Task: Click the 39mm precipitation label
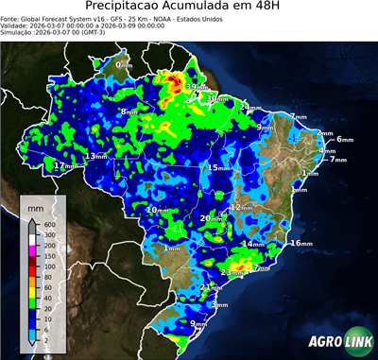pos(195,88)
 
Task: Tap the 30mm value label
pos(218,98)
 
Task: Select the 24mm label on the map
pos(249,108)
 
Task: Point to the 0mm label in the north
pos(124,65)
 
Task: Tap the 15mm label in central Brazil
pos(218,168)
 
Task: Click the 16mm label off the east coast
pos(300,243)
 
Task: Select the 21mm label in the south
pos(212,287)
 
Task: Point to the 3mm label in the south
pos(219,305)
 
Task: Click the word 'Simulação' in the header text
pos(16,31)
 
